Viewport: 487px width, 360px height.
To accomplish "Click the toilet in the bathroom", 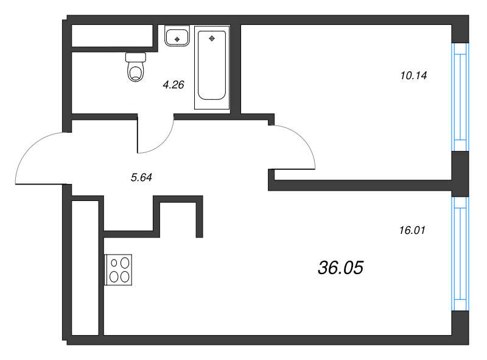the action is pyautogui.click(x=136, y=67).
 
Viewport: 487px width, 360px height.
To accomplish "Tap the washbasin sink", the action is pyautogui.click(x=177, y=36).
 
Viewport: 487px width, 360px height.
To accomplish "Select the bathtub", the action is pyautogui.click(x=212, y=68).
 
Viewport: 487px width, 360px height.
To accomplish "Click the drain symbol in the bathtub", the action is pyautogui.click(x=212, y=38).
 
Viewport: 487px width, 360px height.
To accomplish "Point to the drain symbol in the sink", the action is pyautogui.click(x=177, y=39).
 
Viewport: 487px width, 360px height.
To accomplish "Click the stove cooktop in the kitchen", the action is pyautogui.click(x=118, y=269).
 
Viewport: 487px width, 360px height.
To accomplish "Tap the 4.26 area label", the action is pyautogui.click(x=173, y=85).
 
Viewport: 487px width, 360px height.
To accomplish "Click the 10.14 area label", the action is pyautogui.click(x=414, y=76).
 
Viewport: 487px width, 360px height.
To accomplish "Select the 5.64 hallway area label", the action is pyautogui.click(x=141, y=177).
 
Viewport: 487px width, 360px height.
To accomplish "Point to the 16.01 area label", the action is pyautogui.click(x=412, y=230).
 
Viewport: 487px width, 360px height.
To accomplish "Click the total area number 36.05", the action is pyautogui.click(x=340, y=267).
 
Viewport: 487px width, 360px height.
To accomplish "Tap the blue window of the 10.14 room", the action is pyautogui.click(x=460, y=97).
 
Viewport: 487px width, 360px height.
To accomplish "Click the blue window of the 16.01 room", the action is pyautogui.click(x=460, y=253).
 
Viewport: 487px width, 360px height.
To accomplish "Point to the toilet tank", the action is pyautogui.click(x=136, y=57).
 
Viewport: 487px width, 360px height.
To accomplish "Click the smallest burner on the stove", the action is pyautogui.click(x=114, y=263).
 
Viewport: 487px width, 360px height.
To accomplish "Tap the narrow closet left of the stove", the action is pyautogui.click(x=85, y=268).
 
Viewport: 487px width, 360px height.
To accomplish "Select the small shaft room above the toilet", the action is pyautogui.click(x=112, y=35).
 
